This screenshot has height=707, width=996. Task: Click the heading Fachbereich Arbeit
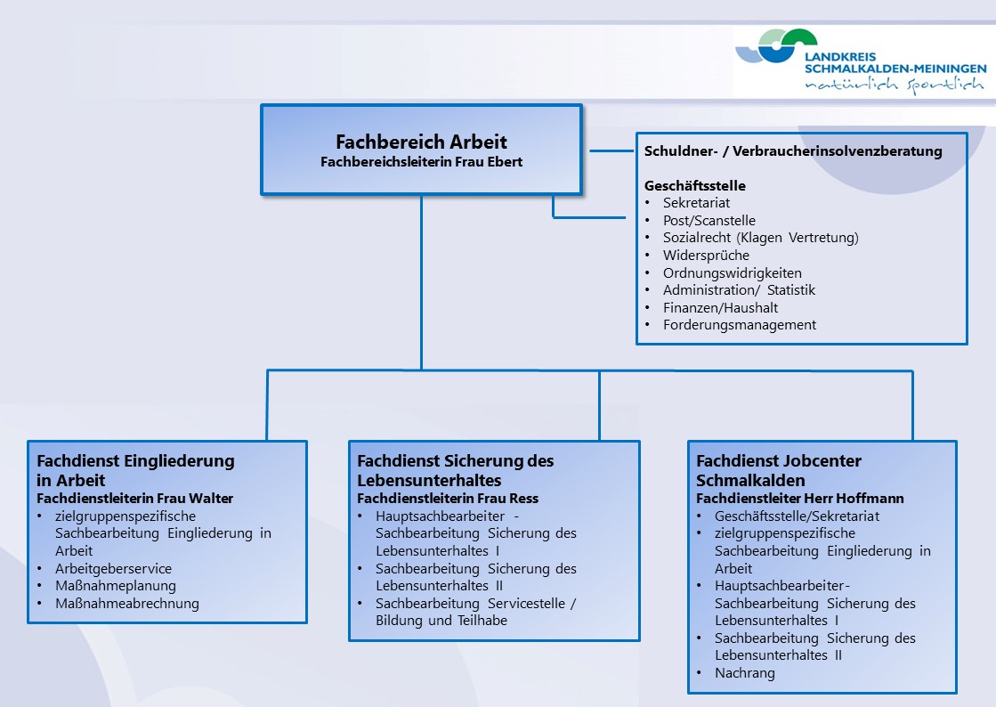[421, 141]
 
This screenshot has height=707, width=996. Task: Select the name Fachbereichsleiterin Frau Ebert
[421, 162]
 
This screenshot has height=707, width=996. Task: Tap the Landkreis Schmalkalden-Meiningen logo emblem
[776, 45]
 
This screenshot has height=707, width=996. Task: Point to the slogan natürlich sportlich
[895, 85]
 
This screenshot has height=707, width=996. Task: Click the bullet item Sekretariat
[696, 203]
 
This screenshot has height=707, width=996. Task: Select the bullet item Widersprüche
[707, 256]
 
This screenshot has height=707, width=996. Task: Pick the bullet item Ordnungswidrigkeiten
[733, 273]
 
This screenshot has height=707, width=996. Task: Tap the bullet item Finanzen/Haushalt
[720, 307]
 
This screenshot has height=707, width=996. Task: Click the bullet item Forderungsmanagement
[740, 325]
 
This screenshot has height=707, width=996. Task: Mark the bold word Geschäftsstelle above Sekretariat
[695, 185]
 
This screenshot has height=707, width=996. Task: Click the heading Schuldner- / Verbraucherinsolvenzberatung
[793, 151]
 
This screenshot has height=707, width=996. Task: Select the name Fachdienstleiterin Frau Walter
[134, 499]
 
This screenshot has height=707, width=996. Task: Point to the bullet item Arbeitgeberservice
[113, 568]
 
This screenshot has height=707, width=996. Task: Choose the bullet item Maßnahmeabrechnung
[127, 604]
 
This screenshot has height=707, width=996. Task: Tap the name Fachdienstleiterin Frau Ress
[448, 499]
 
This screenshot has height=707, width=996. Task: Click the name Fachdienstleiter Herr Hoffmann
[799, 499]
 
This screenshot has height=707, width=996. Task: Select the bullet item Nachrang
[744, 672]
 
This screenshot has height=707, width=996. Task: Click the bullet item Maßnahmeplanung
[116, 586]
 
